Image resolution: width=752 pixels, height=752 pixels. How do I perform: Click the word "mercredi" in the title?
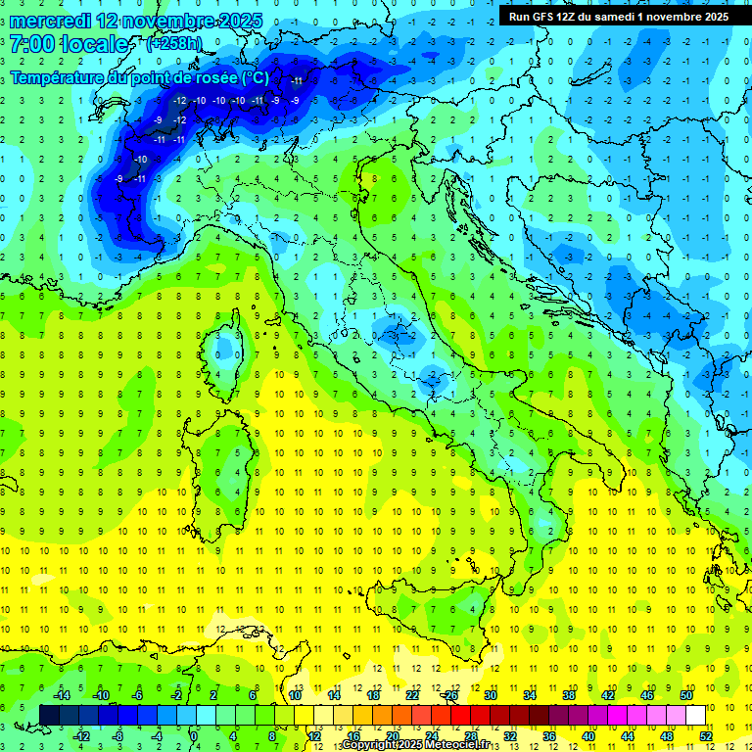pyautogui.click(x=50, y=20)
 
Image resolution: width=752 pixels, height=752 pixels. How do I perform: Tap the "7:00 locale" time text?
pyautogui.click(x=69, y=45)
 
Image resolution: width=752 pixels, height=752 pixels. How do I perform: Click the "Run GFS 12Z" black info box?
pyautogui.click(x=618, y=17)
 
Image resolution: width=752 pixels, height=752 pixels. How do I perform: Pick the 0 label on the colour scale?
pyautogui.click(x=194, y=735)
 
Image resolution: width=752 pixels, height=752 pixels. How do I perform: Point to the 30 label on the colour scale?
pyautogui.click(x=490, y=694)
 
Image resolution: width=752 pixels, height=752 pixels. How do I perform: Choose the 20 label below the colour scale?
pyautogui.click(x=392, y=735)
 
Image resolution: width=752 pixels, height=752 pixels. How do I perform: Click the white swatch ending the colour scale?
pyautogui.click(x=695, y=715)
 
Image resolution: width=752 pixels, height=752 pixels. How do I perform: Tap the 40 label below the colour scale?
pyautogui.click(x=588, y=735)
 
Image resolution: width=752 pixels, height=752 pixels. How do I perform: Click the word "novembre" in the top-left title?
pyautogui.click(x=157, y=20)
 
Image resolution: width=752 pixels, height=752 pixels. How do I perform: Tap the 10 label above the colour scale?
pyautogui.click(x=295, y=694)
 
